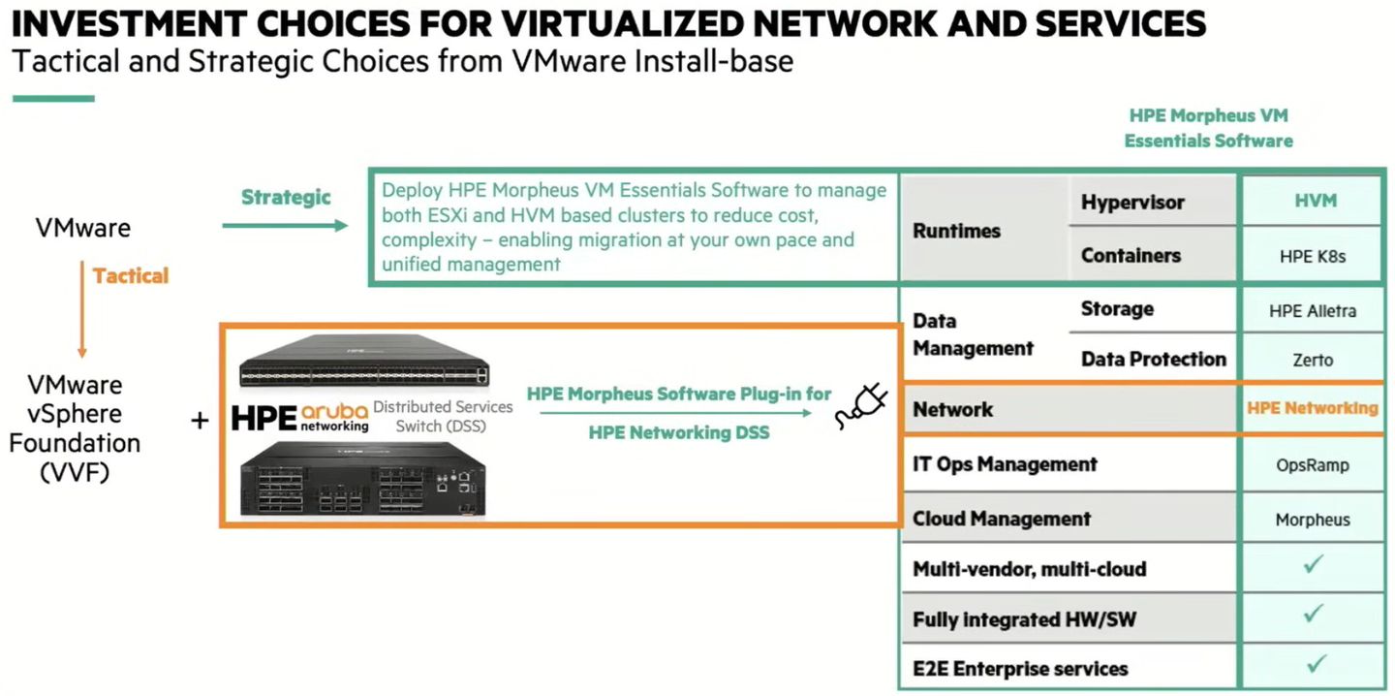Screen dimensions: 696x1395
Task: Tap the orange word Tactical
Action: coord(131,275)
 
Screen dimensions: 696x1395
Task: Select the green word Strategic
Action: coord(286,198)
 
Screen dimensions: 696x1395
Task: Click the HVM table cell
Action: coord(1314,201)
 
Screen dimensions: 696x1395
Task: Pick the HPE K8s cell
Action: coord(1314,256)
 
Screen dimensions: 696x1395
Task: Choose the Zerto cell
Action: coord(1314,360)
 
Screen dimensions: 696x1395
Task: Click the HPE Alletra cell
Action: coord(1314,310)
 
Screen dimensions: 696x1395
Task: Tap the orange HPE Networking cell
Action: coord(1313,408)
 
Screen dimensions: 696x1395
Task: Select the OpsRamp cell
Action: coord(1314,464)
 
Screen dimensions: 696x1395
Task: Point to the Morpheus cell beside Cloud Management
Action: coord(1314,519)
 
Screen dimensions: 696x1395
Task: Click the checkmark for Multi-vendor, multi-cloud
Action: coord(1314,564)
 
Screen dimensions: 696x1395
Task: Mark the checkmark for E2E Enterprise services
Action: coord(1314,664)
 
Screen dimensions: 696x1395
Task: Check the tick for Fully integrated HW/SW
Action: coord(1314,614)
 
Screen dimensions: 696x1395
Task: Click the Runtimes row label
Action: coord(957,231)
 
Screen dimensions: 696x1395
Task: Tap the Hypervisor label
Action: coord(1132,203)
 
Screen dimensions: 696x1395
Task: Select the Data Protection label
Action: coord(1153,360)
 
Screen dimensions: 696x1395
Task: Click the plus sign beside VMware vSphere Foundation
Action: coord(200,421)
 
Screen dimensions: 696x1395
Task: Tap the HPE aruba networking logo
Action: coord(300,416)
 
